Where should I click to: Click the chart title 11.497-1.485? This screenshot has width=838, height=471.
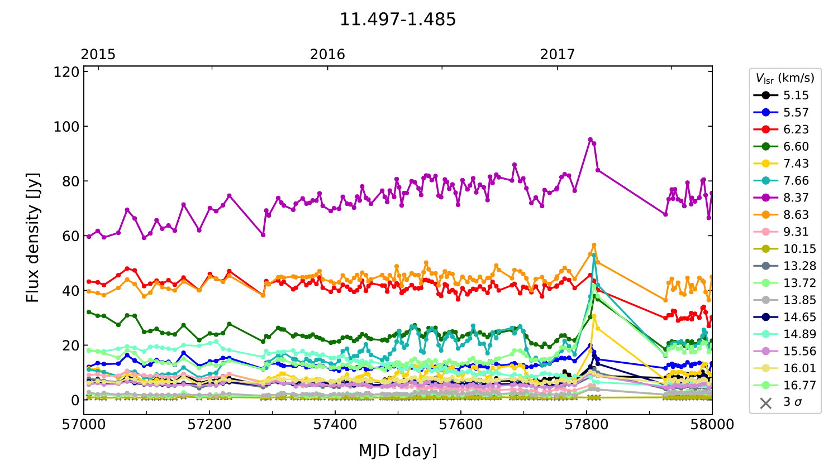pyautogui.click(x=398, y=20)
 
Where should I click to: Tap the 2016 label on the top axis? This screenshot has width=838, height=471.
pyautogui.click(x=327, y=54)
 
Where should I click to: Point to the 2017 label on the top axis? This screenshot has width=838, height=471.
pyautogui.click(x=557, y=54)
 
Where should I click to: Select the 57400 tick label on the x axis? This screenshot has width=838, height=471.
pyautogui.click(x=335, y=425)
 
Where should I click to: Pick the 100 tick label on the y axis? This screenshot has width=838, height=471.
pyautogui.click(x=66, y=127)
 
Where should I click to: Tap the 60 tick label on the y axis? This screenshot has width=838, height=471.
pyautogui.click(x=71, y=236)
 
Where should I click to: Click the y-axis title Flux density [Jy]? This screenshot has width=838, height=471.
pyautogui.click(x=33, y=237)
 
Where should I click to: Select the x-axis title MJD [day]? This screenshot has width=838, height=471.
pyautogui.click(x=398, y=450)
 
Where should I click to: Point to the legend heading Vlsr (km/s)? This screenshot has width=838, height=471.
pyautogui.click(x=785, y=78)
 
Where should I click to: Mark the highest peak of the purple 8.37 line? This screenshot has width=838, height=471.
pyautogui.click(x=590, y=140)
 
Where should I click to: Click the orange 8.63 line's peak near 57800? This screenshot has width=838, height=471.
pyautogui.click(x=594, y=245)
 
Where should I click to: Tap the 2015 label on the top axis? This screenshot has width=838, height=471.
pyautogui.click(x=98, y=54)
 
